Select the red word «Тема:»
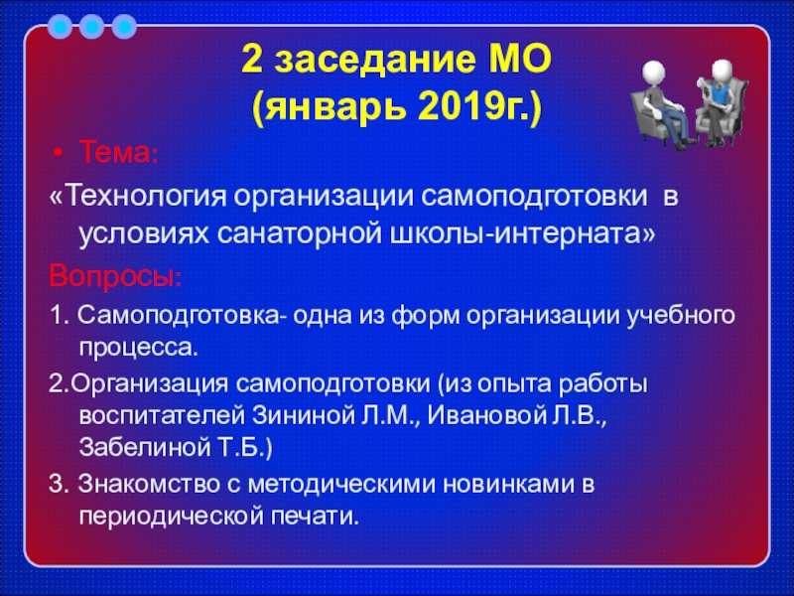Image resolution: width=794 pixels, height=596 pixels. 119,152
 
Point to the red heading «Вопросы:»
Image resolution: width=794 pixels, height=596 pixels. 115,276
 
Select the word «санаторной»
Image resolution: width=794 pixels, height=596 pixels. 299,233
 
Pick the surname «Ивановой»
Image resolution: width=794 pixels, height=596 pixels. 481,416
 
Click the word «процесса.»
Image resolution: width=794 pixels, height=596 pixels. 138,349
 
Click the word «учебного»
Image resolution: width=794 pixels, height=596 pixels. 681,316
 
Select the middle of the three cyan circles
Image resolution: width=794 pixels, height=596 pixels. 91,27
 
